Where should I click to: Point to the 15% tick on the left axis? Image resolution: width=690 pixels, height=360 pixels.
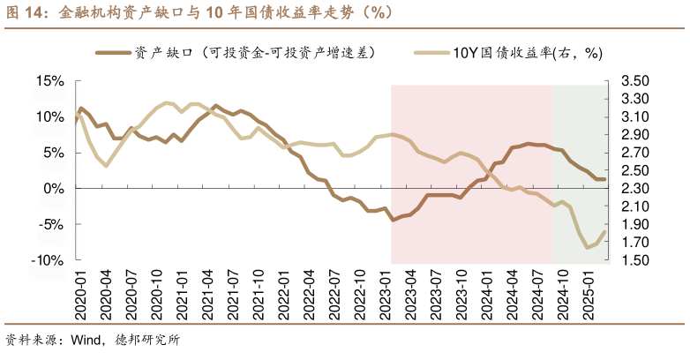(x=50, y=81)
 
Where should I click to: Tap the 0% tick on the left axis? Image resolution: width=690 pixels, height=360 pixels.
(x=54, y=189)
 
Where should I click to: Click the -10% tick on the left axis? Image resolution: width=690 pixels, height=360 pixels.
(x=48, y=261)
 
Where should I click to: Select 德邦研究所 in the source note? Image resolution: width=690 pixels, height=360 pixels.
(x=147, y=341)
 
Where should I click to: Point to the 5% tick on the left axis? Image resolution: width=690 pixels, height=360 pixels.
(x=54, y=153)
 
